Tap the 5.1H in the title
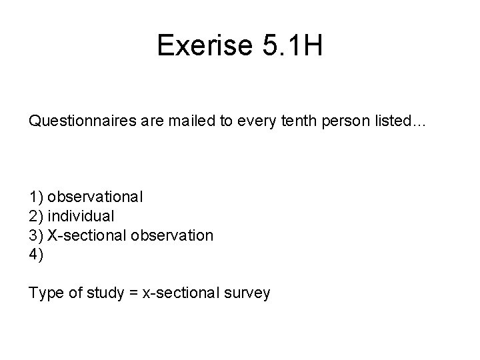[x=290, y=45]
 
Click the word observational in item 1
[x=95, y=197]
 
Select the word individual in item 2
[x=81, y=216]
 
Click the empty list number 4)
[x=36, y=255]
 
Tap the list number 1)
[x=36, y=197]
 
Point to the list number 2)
[x=36, y=216]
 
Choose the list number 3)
[x=36, y=235]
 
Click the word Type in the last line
[x=44, y=292]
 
